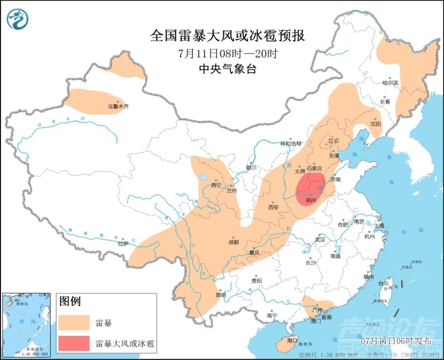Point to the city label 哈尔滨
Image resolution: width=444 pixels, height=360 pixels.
(390, 83)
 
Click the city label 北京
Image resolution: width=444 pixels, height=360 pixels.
(333, 141)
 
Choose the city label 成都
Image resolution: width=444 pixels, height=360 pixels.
(233, 242)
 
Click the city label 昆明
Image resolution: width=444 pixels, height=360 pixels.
(221, 296)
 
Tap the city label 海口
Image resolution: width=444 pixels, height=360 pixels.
(292, 340)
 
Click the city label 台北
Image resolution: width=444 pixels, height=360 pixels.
(384, 283)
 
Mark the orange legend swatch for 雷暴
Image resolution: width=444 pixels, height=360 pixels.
(74, 323)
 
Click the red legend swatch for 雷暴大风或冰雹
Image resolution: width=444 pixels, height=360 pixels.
(74, 343)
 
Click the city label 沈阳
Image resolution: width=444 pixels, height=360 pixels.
(375, 124)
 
